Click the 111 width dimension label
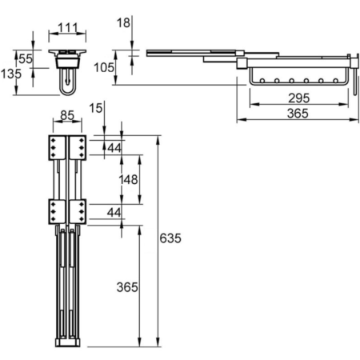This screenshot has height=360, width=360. pos(68,28)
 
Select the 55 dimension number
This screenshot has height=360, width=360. pos(26,59)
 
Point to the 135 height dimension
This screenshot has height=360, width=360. pos(11,74)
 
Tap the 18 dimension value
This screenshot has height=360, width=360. pos(123,23)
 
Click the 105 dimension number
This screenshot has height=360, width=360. pos(104,67)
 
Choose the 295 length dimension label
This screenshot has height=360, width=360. pos(298,98)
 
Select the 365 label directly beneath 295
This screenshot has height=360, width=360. pos(298,114)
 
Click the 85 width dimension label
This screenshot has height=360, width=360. pos(67,115)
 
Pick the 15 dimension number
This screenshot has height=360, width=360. pos(96,108)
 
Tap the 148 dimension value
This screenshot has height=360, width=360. pos(128,180)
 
